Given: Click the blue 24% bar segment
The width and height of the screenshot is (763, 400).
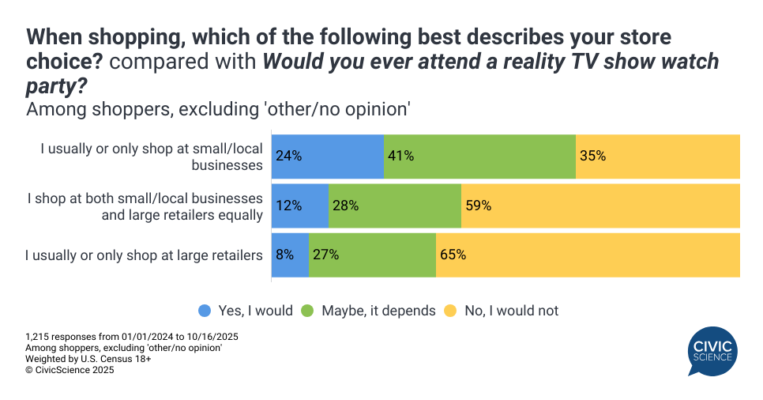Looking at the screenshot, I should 328,156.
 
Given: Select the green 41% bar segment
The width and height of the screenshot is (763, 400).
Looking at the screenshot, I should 479,156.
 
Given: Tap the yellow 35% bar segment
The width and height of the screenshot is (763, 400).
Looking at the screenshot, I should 658,156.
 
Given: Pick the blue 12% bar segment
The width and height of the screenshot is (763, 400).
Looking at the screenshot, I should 300,206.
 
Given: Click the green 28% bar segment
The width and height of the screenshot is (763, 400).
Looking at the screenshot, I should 394,206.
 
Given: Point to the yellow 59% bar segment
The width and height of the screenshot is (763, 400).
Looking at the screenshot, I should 600,206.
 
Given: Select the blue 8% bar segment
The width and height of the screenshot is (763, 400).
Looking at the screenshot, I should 290,255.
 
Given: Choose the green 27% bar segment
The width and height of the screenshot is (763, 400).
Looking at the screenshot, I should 372,255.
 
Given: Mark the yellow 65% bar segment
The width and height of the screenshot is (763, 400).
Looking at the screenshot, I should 588,255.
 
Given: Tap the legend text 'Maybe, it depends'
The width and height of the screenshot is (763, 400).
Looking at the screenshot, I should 378,311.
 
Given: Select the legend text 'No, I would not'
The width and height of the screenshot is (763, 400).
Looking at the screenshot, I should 511,311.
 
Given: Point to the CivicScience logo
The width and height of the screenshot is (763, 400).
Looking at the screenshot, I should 712,353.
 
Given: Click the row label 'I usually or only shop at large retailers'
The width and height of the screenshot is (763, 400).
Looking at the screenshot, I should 144,255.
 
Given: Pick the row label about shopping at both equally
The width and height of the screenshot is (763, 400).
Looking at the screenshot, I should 144,206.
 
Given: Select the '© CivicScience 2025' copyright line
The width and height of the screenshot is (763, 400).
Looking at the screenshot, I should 70,369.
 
